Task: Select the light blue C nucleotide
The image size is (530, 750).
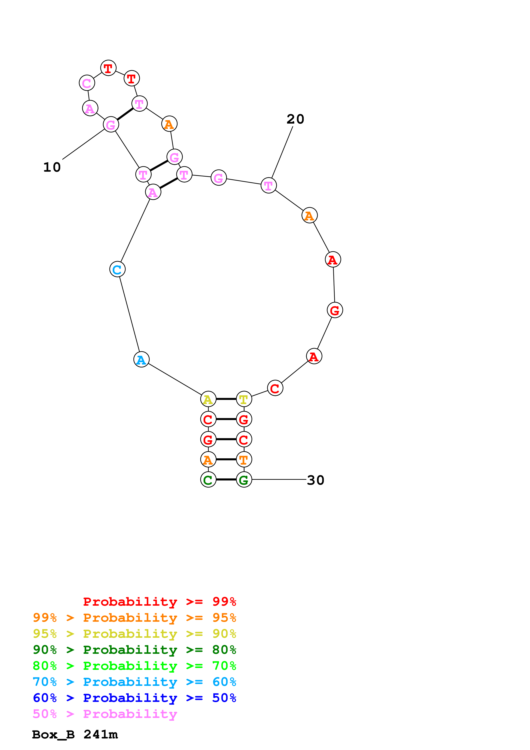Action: (117, 269)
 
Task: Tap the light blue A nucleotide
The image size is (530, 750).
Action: (141, 359)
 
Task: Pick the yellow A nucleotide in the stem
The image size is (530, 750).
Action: (208, 399)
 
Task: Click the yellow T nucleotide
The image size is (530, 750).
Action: (244, 399)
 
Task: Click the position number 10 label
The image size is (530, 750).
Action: (52, 167)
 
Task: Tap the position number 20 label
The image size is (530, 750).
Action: (295, 119)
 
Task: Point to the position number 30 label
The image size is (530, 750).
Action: (315, 480)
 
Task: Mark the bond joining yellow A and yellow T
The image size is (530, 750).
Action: (226, 399)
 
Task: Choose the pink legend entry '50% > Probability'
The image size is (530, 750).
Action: (105, 714)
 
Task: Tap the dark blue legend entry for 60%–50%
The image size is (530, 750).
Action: (134, 698)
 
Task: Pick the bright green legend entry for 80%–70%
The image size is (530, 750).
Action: (134, 666)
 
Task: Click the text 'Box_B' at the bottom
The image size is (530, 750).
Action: (53, 735)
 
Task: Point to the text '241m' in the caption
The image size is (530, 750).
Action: (100, 735)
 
